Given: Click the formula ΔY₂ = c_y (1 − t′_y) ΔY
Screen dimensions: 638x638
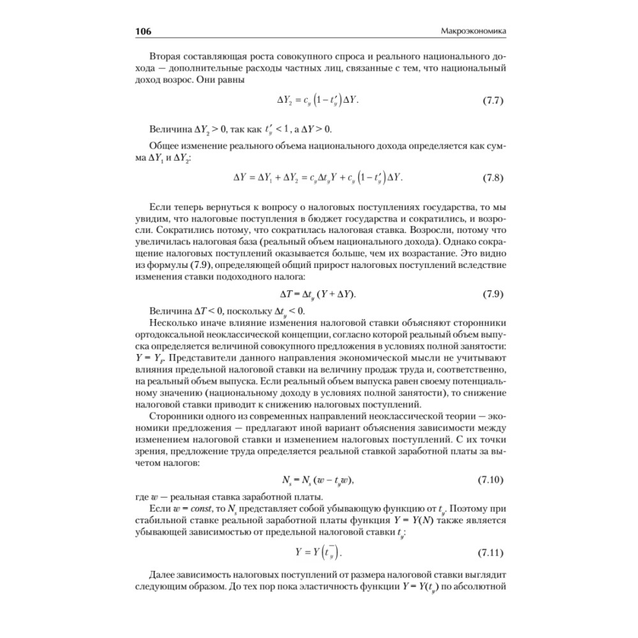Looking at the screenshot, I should click(x=318, y=101).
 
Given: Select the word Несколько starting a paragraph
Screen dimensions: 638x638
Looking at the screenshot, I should click(x=174, y=322).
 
